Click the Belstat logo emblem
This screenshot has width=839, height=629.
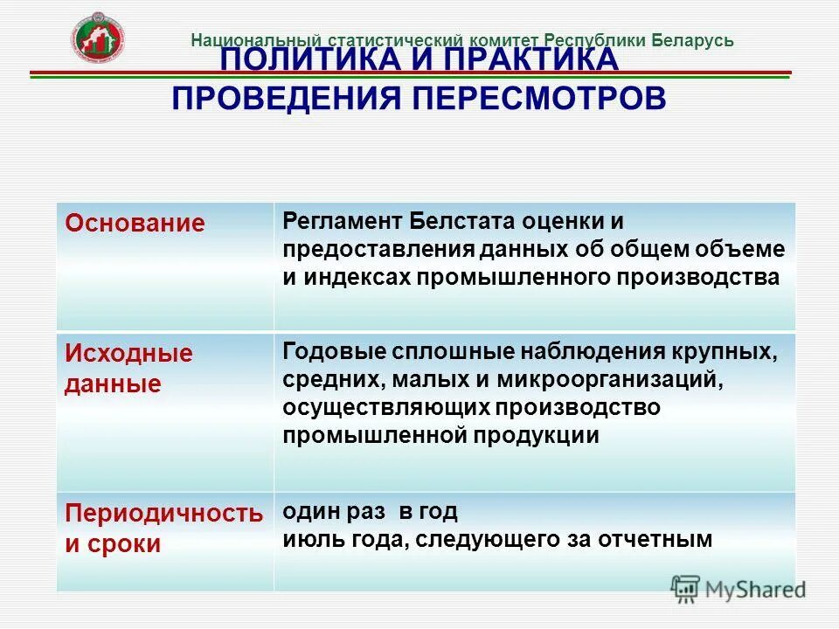point(98,38)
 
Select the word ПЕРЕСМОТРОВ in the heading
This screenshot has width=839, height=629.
point(538,98)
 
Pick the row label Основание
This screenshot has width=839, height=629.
point(135,223)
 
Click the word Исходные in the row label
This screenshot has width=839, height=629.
point(128,354)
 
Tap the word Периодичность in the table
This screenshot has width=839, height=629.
point(163,514)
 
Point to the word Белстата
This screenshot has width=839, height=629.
point(446,221)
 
